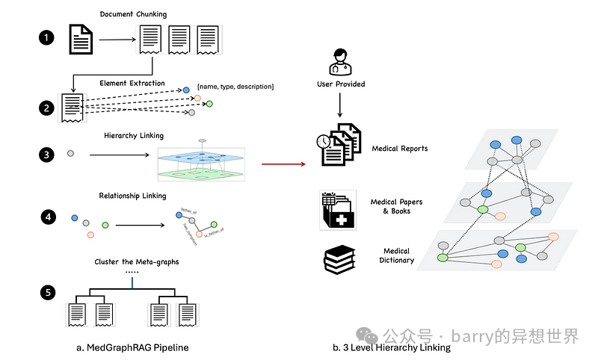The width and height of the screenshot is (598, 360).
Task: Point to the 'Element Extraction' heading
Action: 132,84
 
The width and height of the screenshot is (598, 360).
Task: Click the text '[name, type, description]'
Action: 235,87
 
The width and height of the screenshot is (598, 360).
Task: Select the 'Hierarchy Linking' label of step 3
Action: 135,136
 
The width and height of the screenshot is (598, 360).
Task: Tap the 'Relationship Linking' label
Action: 133,196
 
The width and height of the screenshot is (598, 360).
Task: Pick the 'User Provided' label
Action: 341,84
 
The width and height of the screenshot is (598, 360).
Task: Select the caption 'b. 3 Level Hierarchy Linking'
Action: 392,347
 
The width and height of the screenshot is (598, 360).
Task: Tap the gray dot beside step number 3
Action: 70,153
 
